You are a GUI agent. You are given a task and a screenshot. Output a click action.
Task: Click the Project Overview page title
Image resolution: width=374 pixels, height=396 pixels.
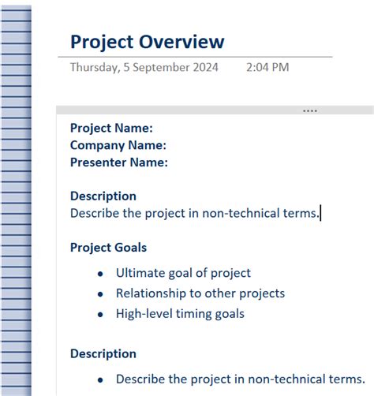click(147, 42)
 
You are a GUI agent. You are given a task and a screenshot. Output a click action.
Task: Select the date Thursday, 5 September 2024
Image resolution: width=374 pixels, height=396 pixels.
click(144, 67)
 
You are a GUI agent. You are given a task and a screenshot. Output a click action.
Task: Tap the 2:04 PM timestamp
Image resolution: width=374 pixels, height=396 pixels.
click(267, 67)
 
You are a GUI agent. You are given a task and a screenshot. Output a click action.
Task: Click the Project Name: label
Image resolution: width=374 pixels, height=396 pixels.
click(111, 128)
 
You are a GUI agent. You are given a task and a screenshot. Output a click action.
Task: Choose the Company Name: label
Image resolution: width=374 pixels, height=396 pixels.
click(118, 145)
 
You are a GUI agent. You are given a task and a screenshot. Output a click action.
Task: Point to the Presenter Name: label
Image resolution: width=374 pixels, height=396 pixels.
click(118, 163)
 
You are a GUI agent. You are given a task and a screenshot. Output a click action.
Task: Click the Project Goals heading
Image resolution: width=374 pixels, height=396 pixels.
click(108, 248)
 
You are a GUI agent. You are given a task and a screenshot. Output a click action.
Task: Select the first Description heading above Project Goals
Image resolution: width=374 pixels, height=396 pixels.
click(103, 196)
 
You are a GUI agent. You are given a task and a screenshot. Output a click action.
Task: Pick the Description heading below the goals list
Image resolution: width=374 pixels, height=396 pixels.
click(103, 353)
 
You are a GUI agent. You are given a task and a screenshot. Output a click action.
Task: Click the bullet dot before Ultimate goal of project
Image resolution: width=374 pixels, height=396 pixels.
click(99, 274)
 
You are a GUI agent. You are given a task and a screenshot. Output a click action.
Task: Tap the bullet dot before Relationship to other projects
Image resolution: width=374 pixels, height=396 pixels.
click(99, 294)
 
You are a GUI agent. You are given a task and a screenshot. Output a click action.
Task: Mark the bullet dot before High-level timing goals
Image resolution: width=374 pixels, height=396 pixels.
click(99, 315)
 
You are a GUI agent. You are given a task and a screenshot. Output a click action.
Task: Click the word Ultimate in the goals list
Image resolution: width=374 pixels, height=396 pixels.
click(140, 273)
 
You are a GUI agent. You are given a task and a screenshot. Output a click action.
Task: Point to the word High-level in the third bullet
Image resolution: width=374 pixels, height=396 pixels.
click(144, 314)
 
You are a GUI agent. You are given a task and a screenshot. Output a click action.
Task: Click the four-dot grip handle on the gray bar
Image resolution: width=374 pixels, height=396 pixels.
click(310, 111)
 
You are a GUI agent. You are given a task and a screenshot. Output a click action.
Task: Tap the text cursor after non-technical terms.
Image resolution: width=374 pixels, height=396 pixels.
click(321, 213)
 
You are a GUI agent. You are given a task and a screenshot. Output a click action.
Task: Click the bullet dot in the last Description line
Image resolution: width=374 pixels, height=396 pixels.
click(99, 379)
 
